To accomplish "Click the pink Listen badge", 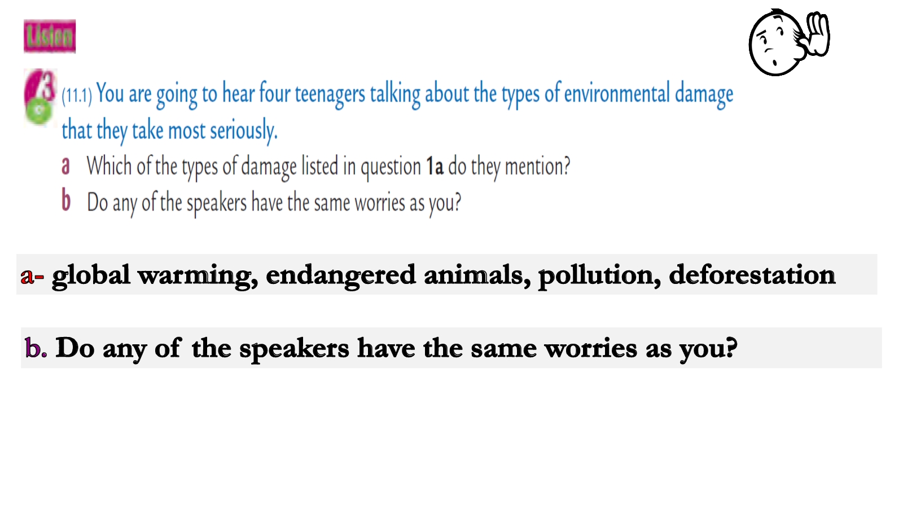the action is coord(50,36).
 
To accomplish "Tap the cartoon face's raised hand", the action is coord(816,34).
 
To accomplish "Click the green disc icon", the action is coord(39,111).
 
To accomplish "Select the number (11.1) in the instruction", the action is coord(77,96).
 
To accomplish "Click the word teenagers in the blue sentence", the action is coord(330,94).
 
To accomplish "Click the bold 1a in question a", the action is coord(435,167).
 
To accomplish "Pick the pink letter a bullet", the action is coord(65,166).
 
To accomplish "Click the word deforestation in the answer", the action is coord(752,275).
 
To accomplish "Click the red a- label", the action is coord(32,277).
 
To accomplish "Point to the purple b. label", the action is coord(36,348).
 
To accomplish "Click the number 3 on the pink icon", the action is coord(47,85).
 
